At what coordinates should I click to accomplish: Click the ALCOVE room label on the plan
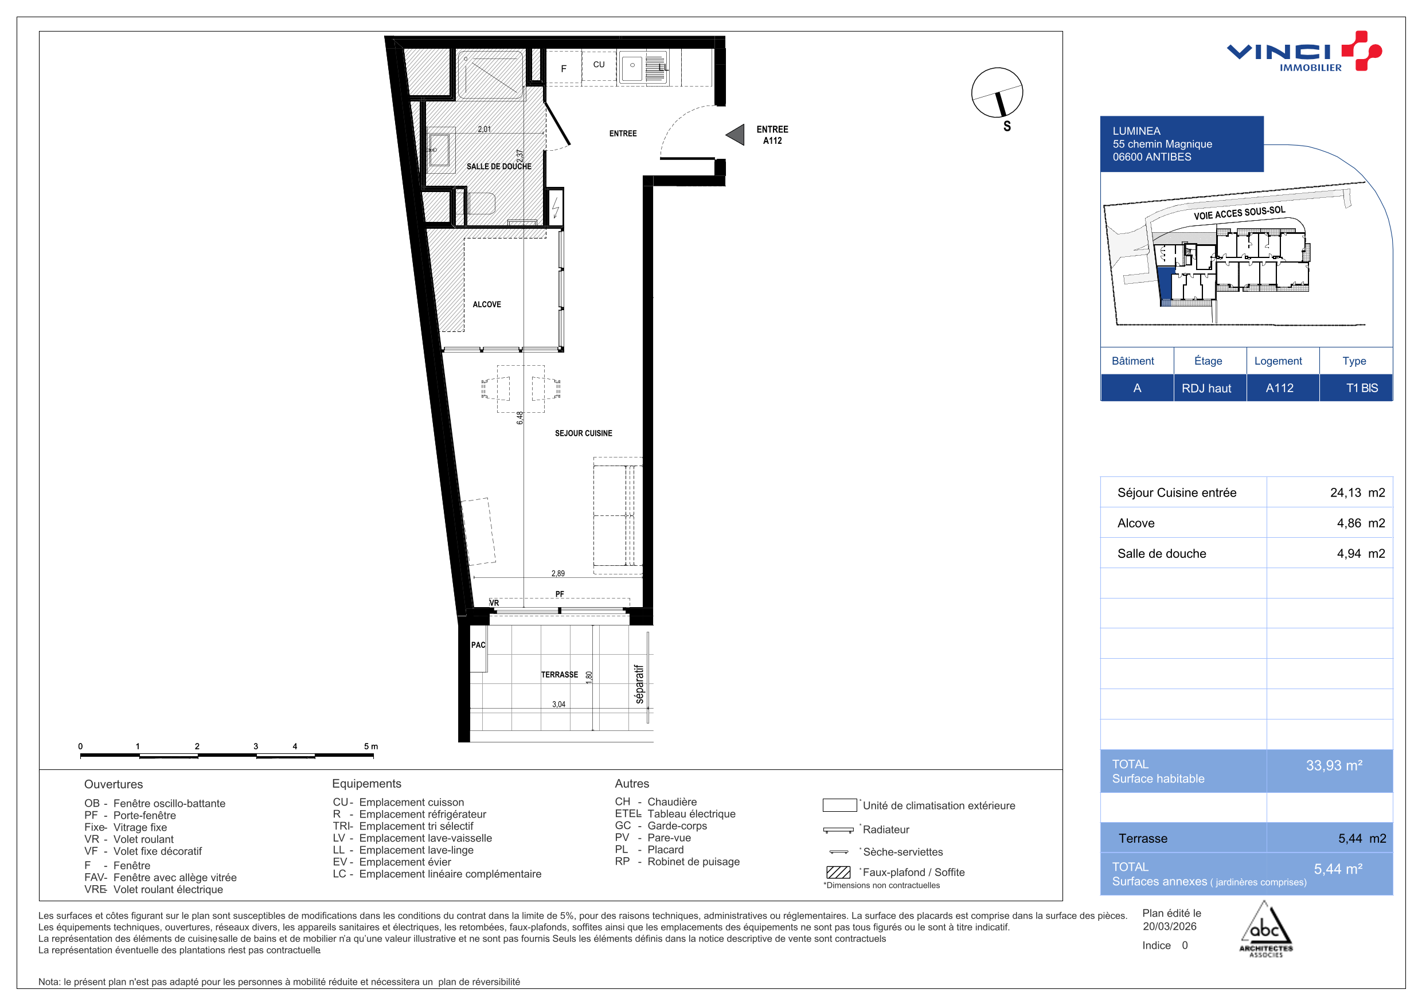[487, 304]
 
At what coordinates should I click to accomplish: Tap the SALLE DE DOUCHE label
[499, 167]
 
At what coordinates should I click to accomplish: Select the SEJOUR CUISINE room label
[583, 433]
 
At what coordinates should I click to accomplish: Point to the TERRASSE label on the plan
[559, 674]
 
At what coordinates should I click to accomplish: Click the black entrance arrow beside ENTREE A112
[736, 134]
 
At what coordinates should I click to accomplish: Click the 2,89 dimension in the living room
[558, 573]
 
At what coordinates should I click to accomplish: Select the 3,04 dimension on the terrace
[558, 704]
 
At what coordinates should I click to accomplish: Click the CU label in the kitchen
[599, 64]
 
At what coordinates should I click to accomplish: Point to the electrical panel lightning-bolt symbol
[556, 206]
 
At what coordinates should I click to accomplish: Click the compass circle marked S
[997, 93]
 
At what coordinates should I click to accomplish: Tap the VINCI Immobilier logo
[1304, 52]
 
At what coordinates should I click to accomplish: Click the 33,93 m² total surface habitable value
[1334, 765]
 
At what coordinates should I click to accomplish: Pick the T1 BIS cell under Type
[1362, 388]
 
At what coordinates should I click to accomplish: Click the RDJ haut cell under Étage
[1206, 388]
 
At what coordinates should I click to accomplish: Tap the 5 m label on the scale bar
[371, 746]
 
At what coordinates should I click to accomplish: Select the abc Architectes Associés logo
[1266, 929]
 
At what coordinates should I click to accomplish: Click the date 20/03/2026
[1170, 926]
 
